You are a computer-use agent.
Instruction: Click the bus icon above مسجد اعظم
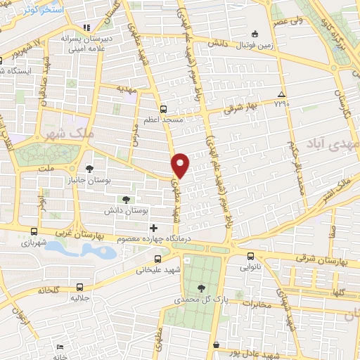click(x=164, y=109)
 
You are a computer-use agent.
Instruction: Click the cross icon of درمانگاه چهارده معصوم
click(x=153, y=228)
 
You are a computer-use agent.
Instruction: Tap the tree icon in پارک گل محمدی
click(x=202, y=288)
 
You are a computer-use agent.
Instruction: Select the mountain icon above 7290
click(x=281, y=94)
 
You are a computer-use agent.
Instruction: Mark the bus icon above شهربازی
click(x=34, y=231)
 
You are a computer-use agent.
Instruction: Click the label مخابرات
click(x=257, y=304)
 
